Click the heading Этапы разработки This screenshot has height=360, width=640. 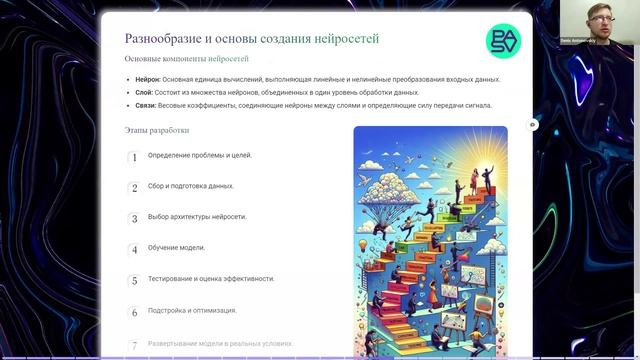[156, 130]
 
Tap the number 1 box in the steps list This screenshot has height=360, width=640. [134, 157]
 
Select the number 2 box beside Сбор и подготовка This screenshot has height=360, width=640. [134, 188]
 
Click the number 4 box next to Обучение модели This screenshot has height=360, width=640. [134, 250]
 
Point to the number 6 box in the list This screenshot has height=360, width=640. [134, 312]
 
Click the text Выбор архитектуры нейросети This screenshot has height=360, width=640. [197, 217]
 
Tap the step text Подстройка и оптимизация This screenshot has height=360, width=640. [193, 311]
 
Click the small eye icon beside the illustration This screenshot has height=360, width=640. [533, 125]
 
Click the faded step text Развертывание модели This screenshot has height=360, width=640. [220, 343]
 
